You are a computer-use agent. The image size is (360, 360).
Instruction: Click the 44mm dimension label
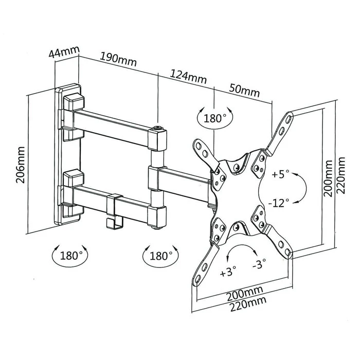coord(64,52)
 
